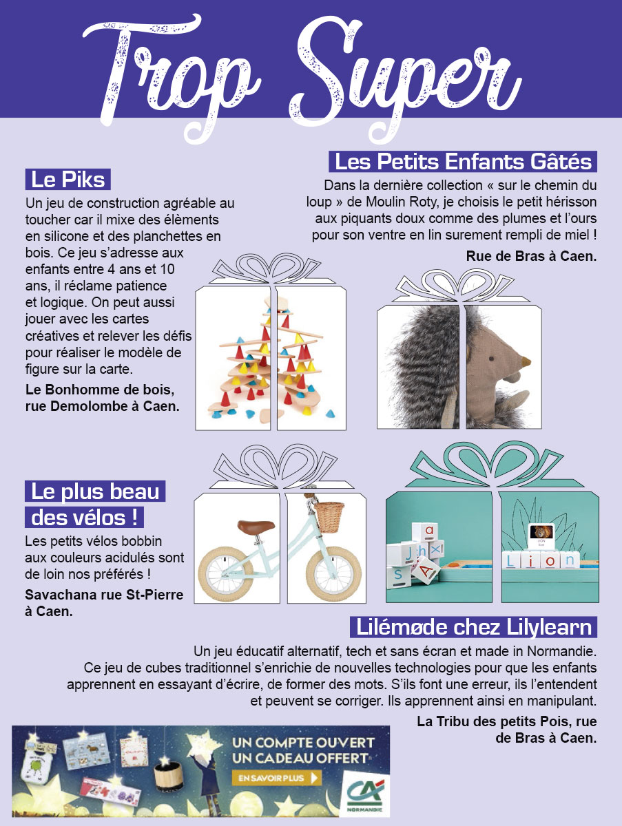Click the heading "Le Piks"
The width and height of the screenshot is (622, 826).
pyautogui.click(x=68, y=179)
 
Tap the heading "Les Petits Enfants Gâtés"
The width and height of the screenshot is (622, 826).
pyautogui.click(x=463, y=162)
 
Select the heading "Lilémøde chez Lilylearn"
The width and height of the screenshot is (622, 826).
pyautogui.click(x=474, y=627)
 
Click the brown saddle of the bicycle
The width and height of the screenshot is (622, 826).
pyautogui.click(x=256, y=526)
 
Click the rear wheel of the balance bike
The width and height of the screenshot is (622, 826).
pyautogui.click(x=226, y=574)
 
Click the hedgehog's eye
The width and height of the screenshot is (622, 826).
pyautogui.click(x=490, y=358)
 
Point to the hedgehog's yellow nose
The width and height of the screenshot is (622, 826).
pyautogui.click(x=526, y=362)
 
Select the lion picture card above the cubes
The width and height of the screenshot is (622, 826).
pyautogui.click(x=541, y=536)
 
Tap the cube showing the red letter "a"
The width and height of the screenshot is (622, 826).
pyautogui.click(x=425, y=532)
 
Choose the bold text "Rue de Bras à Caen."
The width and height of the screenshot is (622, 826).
pyautogui.click(x=531, y=256)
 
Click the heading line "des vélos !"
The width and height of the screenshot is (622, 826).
pyautogui.click(x=84, y=518)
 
